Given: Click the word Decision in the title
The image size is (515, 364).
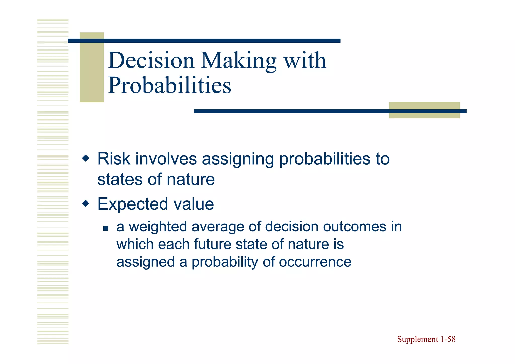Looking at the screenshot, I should tap(151, 60).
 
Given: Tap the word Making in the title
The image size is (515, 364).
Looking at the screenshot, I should tap(239, 61).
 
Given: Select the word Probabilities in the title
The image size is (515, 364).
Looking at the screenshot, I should tap(169, 85).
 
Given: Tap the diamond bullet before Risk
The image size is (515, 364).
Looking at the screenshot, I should tap(86, 158).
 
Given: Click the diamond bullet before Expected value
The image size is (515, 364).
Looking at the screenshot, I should tap(86, 203).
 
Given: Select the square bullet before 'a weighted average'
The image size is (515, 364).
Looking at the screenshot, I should tap(106, 228).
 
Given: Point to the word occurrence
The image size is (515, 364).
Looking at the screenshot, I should tap(315, 262).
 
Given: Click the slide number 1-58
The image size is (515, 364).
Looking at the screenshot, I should tap(448, 339).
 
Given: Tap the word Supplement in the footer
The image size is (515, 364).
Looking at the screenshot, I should tap(418, 339).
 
